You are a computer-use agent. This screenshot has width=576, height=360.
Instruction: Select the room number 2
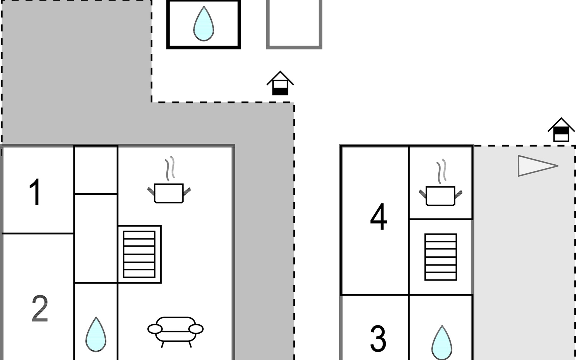coord(40,308)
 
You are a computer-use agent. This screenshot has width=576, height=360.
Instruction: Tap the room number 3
coord(378,338)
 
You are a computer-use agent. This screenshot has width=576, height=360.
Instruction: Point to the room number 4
coord(379,217)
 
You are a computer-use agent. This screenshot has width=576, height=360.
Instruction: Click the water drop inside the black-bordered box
coord(204,24)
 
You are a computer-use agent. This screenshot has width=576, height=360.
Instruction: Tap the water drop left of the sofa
coord(96,334)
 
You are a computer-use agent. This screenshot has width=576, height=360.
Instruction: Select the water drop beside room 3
coord(442,343)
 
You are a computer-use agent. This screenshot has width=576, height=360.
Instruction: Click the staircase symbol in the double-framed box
coord(139,254)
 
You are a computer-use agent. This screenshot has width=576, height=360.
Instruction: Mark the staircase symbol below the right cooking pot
coord(441,257)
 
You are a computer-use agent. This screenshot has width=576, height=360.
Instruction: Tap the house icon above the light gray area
coord(561,130)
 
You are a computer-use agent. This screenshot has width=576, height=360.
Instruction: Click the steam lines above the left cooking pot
coord(170,168)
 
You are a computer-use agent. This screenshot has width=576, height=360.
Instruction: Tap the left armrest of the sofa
coord(155,329)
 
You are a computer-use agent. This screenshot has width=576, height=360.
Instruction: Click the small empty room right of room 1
coord(96,170)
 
